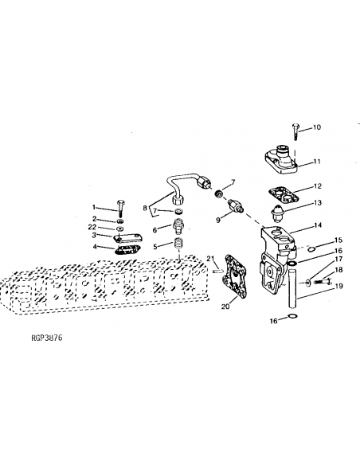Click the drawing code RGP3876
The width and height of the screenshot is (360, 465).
click(x=46, y=338)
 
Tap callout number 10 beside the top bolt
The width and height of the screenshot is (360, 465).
click(x=317, y=127)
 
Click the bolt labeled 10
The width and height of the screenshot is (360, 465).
click(x=295, y=131)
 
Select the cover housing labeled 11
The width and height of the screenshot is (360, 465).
click(x=280, y=159)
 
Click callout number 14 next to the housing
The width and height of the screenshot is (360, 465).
click(x=318, y=225)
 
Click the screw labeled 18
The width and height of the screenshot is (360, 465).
click(x=322, y=281)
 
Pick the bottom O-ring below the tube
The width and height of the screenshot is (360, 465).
click(x=292, y=316)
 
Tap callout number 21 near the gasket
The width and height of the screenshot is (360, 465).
click(x=210, y=258)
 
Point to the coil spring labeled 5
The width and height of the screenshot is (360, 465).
click(x=178, y=245)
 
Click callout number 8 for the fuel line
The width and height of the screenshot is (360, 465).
click(x=145, y=208)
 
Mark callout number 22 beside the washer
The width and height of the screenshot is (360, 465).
click(x=92, y=227)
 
